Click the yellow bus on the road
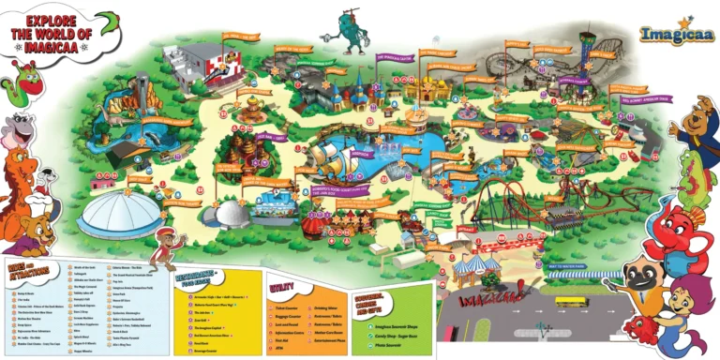click(x=571, y=302)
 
